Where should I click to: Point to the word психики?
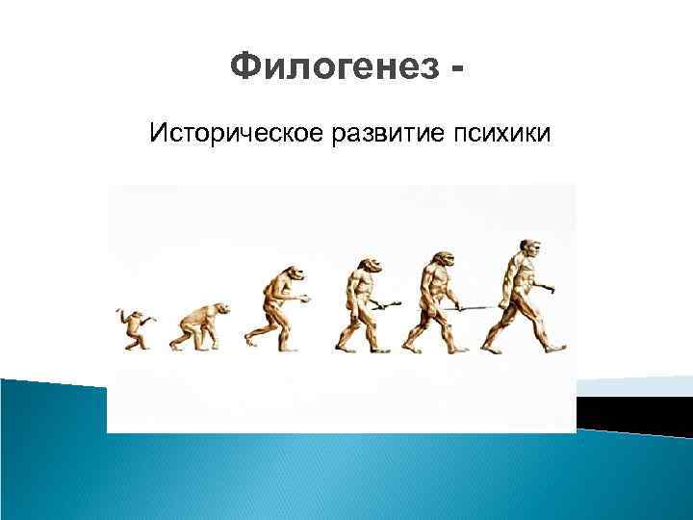[500, 132]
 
